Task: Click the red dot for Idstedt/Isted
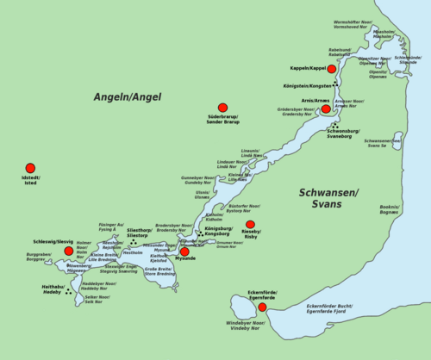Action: coord(30,168)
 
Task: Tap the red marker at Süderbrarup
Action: coord(222,108)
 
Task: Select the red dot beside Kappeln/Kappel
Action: coord(331,68)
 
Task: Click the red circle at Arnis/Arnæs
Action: coord(326,109)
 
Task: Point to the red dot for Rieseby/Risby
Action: coord(250,225)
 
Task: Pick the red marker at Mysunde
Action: coord(184,251)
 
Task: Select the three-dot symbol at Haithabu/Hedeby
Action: coord(68,291)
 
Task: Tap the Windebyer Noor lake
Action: coord(240,305)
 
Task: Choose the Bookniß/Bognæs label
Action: coord(389,209)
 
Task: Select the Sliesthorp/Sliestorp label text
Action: coord(144,233)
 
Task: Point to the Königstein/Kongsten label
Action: coord(306,86)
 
